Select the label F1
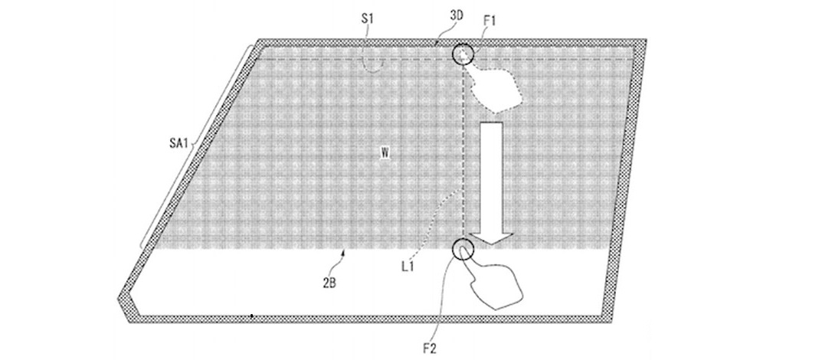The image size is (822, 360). pos(490,21)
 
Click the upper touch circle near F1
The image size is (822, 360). pos(463,54)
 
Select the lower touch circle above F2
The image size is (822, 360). pos(463,249)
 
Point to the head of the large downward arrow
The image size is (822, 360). pos(490,234)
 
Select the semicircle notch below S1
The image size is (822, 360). pos(372,64)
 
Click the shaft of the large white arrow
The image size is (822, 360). pos(490,169)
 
